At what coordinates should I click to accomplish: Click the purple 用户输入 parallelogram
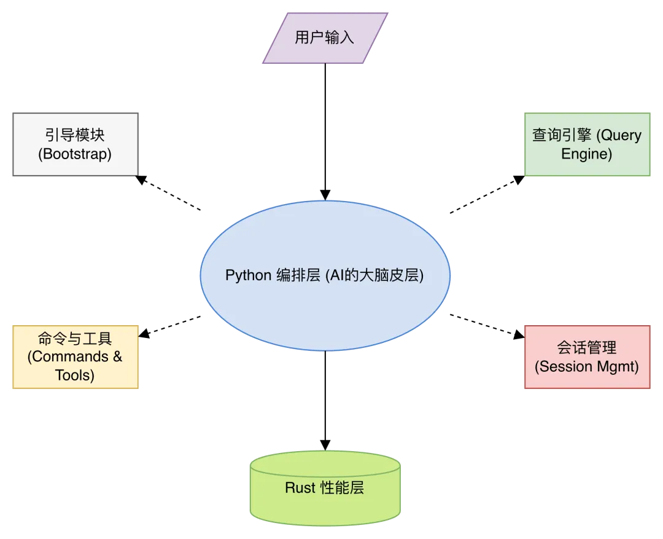click(325, 37)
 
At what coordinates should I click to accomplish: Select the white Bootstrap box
click(75, 143)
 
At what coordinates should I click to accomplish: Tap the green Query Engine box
click(587, 143)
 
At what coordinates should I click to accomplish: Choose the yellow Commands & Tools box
click(75, 357)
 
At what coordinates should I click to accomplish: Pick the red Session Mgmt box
click(587, 357)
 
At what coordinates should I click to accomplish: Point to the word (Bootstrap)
click(75, 154)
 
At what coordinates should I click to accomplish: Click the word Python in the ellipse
click(248, 275)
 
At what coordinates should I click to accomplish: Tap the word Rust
click(300, 488)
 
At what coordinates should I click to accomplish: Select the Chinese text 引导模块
click(75, 135)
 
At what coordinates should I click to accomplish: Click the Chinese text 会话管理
click(587, 348)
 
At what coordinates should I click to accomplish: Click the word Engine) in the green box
click(587, 154)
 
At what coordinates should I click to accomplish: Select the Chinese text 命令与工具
click(75, 339)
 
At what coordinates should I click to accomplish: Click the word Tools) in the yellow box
click(75, 375)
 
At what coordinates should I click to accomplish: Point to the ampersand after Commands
click(117, 357)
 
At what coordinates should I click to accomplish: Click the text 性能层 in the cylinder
click(343, 488)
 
